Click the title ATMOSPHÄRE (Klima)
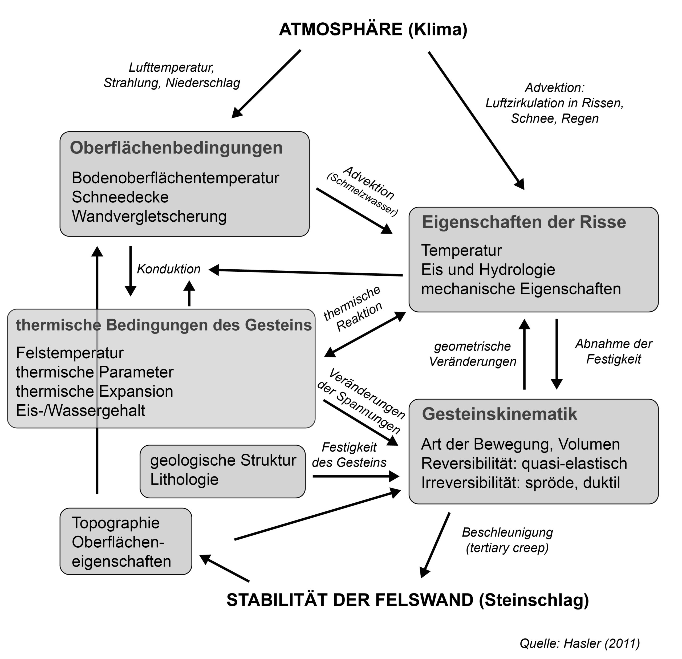point(373,29)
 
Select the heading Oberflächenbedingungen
point(176,148)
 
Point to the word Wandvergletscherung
point(149,216)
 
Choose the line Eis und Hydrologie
point(488,270)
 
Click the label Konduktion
point(168,269)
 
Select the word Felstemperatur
point(70,353)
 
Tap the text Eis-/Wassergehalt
point(80,410)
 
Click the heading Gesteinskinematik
point(499,414)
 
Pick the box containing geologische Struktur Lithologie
point(222,471)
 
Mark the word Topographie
point(116,523)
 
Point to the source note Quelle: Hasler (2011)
point(580,643)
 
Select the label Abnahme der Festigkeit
point(614,351)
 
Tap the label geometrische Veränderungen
point(473,354)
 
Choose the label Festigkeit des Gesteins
point(349,455)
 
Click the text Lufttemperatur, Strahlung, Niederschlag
point(172,75)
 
